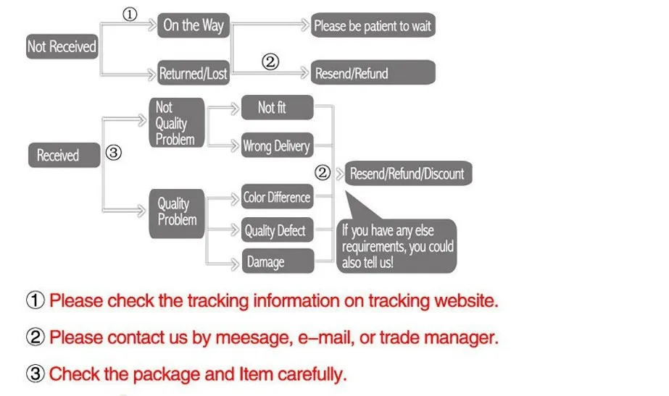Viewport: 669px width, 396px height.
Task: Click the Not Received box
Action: tap(62, 46)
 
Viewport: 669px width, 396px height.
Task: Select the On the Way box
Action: tap(194, 25)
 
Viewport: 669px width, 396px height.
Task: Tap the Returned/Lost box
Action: tap(194, 73)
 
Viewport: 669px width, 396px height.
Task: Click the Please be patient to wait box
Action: tap(373, 25)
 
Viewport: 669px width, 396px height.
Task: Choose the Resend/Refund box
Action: tap(373, 72)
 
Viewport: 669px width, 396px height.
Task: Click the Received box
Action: tap(64, 155)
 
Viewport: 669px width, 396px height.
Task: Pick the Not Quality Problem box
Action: tap(177, 123)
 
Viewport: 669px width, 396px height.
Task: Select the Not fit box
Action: tap(278, 107)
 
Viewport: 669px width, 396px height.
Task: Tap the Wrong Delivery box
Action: tap(278, 146)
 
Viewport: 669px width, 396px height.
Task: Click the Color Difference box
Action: tap(278, 196)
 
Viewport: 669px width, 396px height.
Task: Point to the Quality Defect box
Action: tap(278, 230)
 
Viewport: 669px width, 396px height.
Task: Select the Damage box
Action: tap(278, 261)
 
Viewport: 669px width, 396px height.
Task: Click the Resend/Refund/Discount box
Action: tap(408, 173)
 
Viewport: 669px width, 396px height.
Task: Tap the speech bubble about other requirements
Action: tap(396, 246)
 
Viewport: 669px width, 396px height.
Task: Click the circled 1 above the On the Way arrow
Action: tap(130, 14)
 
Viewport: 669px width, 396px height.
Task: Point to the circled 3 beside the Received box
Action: tap(114, 153)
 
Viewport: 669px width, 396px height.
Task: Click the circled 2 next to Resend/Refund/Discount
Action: tap(323, 172)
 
